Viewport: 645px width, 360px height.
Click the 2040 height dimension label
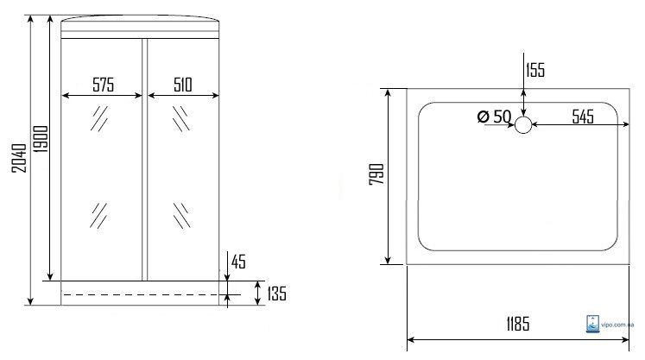[19, 158]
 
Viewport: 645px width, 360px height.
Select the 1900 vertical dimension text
[41, 139]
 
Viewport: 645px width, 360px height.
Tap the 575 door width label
[104, 85]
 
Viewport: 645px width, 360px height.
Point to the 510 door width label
[183, 85]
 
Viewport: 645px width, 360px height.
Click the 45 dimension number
[238, 262]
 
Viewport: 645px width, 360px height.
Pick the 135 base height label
[277, 294]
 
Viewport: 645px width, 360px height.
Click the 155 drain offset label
[535, 70]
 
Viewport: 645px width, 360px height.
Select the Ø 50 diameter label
[494, 117]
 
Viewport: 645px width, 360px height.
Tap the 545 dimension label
[583, 117]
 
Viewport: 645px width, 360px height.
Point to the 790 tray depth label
[376, 174]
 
